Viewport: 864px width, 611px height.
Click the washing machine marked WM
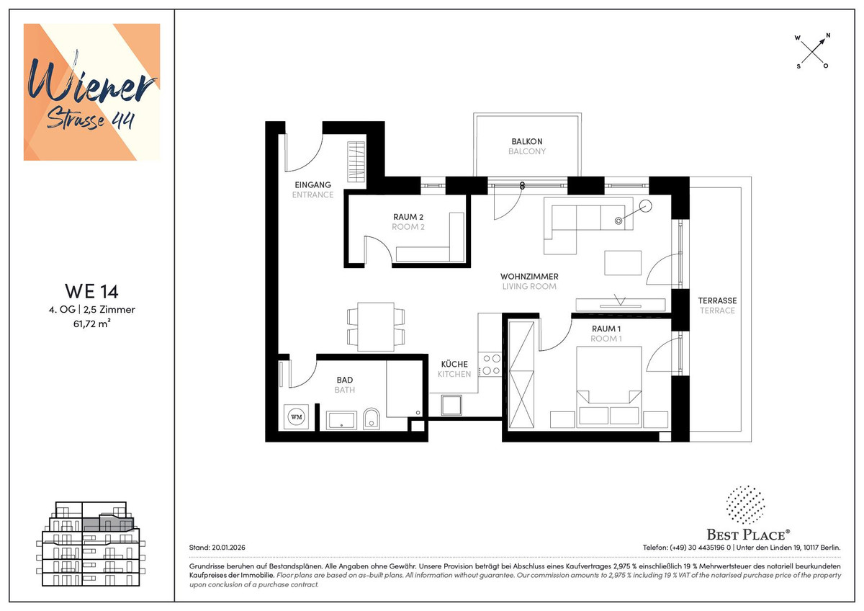coord(296,417)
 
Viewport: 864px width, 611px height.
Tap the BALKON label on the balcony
coord(527,141)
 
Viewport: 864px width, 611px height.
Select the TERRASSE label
coord(717,300)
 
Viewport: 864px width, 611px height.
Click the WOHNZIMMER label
coord(529,277)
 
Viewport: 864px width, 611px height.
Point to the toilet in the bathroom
coord(372,419)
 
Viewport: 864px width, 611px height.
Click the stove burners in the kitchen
coord(490,365)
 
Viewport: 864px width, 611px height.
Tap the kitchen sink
coord(451,405)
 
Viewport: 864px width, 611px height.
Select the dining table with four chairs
coord(376,327)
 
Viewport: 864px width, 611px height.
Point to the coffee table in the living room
coord(623,263)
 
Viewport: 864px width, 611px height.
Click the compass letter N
coord(828,36)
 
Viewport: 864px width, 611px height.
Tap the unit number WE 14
coord(91,291)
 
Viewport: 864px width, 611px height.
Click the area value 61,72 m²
coord(92,324)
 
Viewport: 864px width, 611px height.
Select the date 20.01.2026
coord(228,548)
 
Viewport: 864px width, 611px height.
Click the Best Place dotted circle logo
coord(745,505)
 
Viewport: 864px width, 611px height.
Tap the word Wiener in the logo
coord(91,83)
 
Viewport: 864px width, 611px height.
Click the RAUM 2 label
coord(408,217)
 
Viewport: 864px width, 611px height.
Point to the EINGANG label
coord(312,185)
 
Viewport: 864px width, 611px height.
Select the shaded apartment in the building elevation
coord(108,524)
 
